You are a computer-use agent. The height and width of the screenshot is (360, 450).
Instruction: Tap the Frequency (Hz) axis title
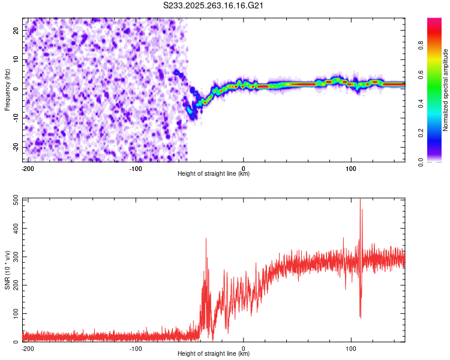click(7, 90)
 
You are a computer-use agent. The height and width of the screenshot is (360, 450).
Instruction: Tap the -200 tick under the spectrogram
click(27, 168)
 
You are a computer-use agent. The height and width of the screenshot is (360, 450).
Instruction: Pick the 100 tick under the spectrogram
click(351, 168)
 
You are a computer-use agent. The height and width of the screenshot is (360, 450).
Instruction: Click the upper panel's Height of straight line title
click(214, 174)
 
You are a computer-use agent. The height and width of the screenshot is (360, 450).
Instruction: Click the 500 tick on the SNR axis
click(15, 200)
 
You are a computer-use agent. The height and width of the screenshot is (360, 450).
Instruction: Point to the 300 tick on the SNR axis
click(15, 257)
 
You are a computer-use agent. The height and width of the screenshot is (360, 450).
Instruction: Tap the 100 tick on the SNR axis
click(15, 314)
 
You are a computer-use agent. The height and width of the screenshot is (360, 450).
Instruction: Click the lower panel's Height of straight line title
click(214, 354)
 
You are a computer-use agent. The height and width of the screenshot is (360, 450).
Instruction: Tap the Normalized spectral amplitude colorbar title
click(446, 90)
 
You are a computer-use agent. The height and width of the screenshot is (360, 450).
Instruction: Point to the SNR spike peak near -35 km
click(206, 239)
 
